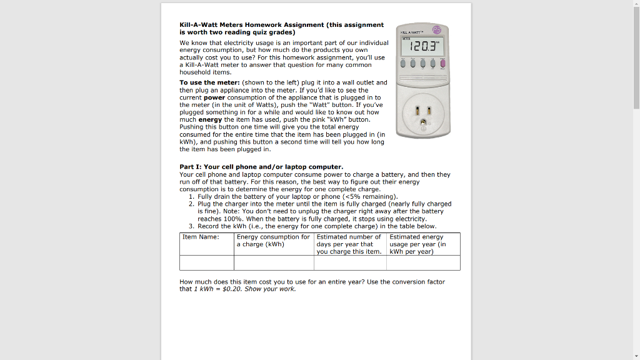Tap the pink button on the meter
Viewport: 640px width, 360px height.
click(443, 63)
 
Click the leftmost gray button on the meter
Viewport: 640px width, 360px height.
click(404, 63)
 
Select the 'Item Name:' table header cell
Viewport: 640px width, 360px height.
click(201, 237)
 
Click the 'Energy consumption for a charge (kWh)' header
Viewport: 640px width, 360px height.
click(273, 241)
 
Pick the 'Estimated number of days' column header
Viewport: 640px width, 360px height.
click(349, 244)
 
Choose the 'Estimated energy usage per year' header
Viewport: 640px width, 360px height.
click(417, 244)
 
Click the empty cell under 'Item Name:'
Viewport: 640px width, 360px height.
click(207, 262)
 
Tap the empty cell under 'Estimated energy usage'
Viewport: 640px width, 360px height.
click(423, 262)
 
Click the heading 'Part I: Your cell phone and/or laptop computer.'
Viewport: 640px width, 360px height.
click(261, 167)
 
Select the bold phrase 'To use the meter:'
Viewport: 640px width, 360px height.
click(209, 82)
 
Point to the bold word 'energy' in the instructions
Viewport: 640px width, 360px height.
click(210, 119)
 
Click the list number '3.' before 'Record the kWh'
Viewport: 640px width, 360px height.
click(192, 226)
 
